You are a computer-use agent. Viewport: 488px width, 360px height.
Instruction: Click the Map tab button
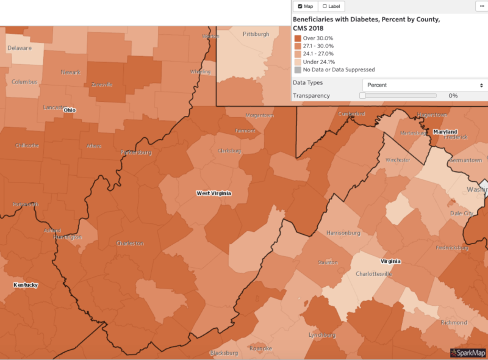click(x=306, y=6)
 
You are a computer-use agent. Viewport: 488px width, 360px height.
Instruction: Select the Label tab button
click(x=332, y=6)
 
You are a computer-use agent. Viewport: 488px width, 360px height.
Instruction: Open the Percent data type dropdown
click(x=423, y=85)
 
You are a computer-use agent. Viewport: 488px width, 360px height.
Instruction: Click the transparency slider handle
click(x=362, y=96)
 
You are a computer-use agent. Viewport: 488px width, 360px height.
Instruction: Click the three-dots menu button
click(x=481, y=6)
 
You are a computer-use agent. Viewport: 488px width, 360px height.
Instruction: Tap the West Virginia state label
click(x=213, y=193)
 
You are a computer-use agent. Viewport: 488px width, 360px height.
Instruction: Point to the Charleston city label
click(x=130, y=243)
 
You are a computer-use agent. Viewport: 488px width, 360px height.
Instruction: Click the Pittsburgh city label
click(x=256, y=34)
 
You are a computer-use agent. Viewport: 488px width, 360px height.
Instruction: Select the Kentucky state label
click(x=26, y=285)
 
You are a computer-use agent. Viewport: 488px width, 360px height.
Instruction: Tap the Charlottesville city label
click(x=373, y=274)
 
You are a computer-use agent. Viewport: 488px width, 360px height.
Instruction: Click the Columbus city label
click(x=24, y=82)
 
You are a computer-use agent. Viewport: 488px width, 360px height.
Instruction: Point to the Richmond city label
click(x=453, y=322)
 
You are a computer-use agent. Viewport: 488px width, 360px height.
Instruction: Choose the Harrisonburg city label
click(x=345, y=232)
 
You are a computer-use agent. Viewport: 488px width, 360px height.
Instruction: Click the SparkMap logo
click(x=468, y=353)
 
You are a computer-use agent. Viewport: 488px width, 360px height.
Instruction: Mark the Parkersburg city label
click(x=135, y=153)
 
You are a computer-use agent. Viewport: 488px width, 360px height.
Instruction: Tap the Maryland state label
click(x=445, y=132)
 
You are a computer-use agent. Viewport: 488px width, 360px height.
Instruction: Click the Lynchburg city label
click(x=322, y=335)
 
